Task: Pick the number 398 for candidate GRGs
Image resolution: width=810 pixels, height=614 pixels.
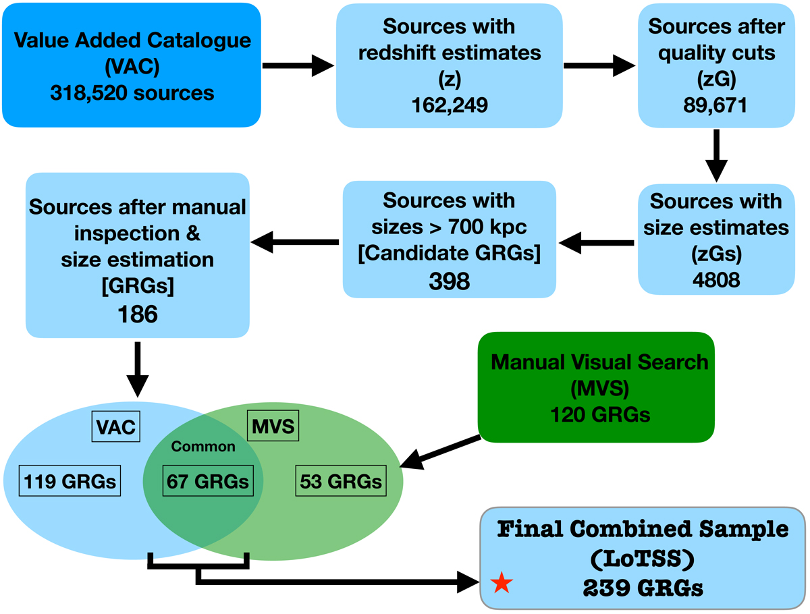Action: tap(449, 281)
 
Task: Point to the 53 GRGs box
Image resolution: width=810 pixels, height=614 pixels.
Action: tap(340, 481)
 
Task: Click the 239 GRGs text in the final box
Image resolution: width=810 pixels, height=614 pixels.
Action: tap(642, 588)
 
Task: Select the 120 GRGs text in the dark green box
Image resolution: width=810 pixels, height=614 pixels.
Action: tap(600, 414)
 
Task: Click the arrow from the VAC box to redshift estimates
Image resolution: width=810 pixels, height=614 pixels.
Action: tap(297, 65)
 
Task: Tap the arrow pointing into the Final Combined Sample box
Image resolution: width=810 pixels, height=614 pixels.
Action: tap(337, 579)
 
